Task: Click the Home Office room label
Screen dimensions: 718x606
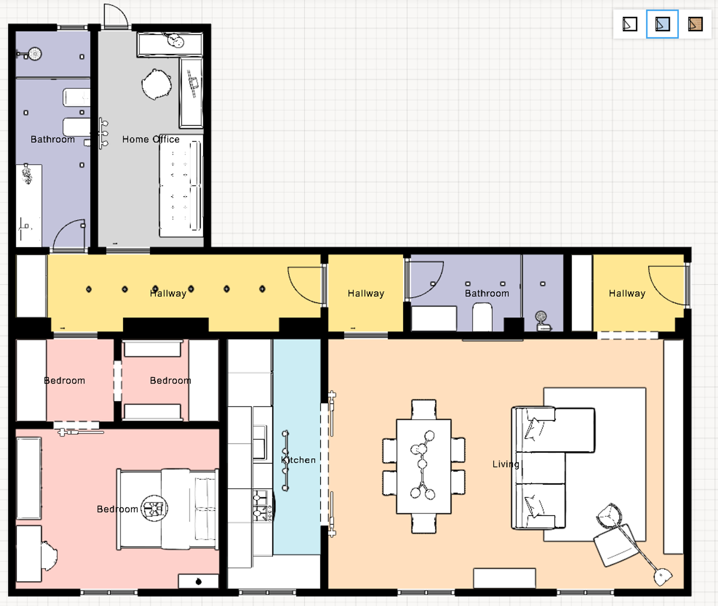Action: point(151,139)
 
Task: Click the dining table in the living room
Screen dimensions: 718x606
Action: point(424,466)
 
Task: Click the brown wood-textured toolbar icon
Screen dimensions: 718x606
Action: point(695,24)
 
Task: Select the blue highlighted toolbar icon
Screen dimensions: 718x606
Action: point(662,24)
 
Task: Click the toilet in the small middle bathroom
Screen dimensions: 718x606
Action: point(482,316)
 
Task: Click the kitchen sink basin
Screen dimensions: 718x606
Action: point(260,442)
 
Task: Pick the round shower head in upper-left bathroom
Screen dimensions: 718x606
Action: point(35,54)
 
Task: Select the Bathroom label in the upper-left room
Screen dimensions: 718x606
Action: point(53,139)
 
